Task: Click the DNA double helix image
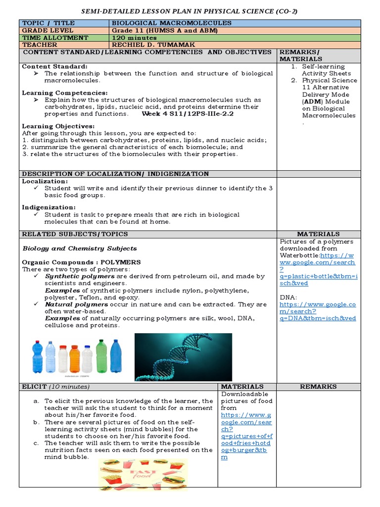pyautogui.click(x=183, y=356)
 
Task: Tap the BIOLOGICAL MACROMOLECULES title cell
pyautogui.click(x=172, y=23)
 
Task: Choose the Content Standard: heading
pyautogui.click(x=54, y=66)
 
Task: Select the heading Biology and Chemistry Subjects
pyautogui.click(x=80, y=248)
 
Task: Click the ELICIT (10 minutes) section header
pyautogui.click(x=56, y=386)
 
